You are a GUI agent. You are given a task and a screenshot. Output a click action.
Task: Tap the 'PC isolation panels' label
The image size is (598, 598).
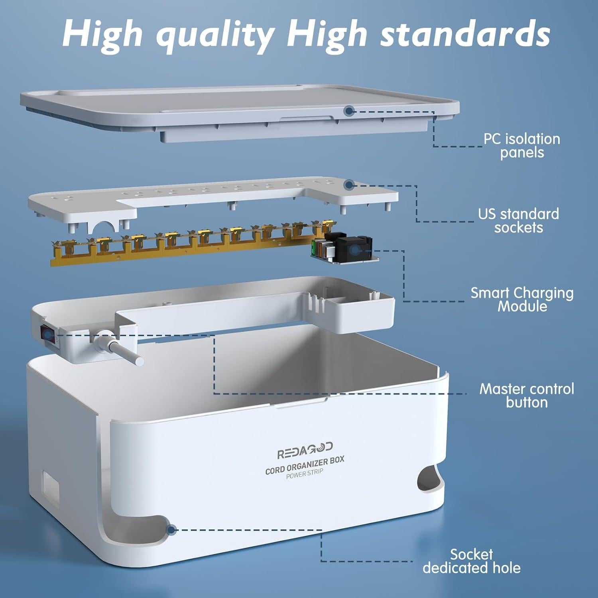coord(521,146)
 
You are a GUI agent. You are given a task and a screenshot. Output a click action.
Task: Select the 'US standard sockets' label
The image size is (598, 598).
coord(518,221)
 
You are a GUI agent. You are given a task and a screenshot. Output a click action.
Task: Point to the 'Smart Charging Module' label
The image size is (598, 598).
coord(522,299)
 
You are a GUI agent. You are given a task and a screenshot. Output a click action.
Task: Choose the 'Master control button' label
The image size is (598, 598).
coord(526,395)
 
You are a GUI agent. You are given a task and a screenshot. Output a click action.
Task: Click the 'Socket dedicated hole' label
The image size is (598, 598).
coord(472,561)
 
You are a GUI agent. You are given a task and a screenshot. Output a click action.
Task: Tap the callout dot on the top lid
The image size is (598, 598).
coord(349,111)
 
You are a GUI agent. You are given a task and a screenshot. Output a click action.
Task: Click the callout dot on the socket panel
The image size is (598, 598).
coord(350,185)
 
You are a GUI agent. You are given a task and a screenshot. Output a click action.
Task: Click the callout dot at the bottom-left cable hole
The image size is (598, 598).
coord(172,530)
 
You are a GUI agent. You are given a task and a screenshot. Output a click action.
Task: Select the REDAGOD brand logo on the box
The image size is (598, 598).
coord(305,449)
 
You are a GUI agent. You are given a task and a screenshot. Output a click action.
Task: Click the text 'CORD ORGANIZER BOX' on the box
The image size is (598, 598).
coord(305,465)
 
